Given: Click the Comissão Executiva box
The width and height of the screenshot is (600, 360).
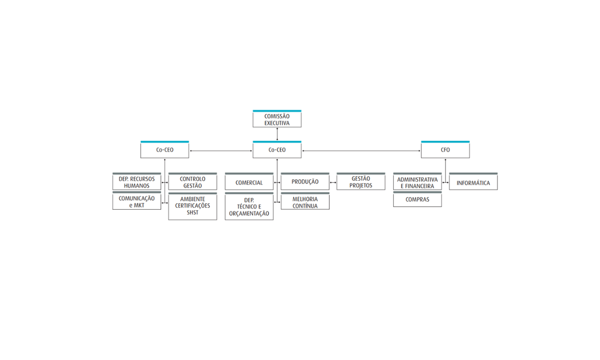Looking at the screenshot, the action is pos(277,119).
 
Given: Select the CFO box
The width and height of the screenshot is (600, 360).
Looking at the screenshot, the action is pos(446,149).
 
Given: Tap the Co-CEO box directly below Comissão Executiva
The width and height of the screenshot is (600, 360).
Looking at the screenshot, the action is pos(277,149).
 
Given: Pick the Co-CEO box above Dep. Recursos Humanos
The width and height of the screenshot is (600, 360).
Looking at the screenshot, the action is pos(165,149).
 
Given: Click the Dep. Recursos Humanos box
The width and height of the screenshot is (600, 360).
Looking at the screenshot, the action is pos(137,182).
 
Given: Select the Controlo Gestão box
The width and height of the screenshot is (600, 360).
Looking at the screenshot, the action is pos(193,182).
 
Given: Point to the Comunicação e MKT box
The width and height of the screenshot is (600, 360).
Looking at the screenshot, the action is pos(137,201).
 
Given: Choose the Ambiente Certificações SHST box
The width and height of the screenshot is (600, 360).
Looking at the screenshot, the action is pos(193,206).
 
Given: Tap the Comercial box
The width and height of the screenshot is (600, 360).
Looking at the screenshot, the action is pos(249,182).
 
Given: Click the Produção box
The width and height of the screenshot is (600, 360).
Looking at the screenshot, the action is pos(305,182).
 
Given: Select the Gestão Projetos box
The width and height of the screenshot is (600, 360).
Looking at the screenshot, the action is pos(361,182).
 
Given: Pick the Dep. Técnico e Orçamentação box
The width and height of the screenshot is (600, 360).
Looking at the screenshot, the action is pos(249,206).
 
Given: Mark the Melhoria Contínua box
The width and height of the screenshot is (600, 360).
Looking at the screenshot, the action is pos(305,201).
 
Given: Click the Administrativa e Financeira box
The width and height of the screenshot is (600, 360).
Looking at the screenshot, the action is pos(418,182).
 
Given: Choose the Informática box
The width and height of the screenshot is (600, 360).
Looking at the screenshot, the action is pos(473,182).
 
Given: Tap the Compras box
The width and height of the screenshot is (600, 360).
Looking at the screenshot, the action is pos(418,200).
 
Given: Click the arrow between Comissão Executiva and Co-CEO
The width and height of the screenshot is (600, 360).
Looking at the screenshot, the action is pos(277,134).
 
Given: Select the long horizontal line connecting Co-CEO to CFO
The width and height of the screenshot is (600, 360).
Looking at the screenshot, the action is pos(361,151).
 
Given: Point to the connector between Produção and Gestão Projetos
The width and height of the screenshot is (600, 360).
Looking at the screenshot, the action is pos(333,182).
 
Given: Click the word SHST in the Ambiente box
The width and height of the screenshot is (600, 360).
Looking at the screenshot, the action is pos(193,213).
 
